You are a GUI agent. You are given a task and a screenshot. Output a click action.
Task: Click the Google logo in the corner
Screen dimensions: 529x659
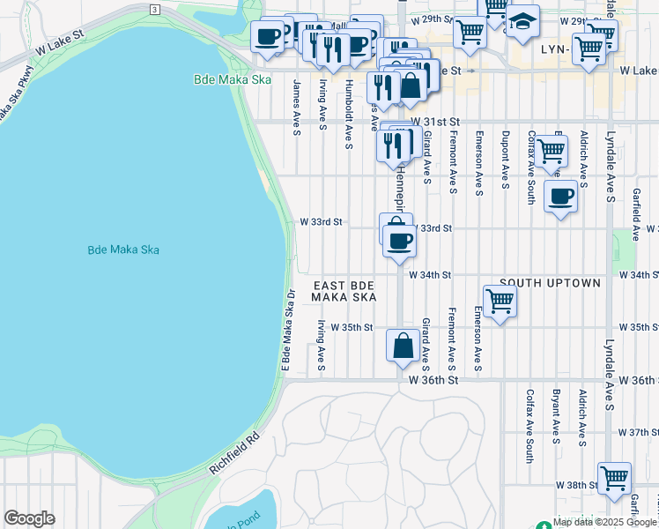29,518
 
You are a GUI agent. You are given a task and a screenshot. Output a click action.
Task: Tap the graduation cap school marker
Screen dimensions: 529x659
522,22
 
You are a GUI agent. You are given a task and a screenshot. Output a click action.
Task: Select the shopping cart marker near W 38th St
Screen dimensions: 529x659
614,478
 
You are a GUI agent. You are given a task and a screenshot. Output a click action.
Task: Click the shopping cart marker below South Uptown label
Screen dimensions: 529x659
500,302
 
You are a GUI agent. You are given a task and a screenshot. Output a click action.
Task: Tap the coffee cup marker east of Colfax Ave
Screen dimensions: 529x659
560,196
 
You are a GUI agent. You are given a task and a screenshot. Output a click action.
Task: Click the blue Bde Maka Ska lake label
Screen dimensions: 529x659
123,250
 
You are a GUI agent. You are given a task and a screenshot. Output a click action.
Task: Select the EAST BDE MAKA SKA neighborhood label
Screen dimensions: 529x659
344,291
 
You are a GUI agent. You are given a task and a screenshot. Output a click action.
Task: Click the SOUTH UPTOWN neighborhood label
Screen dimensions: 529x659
550,283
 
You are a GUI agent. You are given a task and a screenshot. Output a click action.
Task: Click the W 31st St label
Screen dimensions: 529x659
435,121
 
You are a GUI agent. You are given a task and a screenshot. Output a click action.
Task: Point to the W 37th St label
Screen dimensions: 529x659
639,432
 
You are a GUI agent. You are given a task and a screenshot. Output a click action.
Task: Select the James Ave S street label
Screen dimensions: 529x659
297,108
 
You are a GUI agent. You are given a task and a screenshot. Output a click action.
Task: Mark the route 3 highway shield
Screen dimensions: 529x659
154,9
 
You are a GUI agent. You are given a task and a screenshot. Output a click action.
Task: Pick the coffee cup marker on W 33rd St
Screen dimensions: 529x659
399,241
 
